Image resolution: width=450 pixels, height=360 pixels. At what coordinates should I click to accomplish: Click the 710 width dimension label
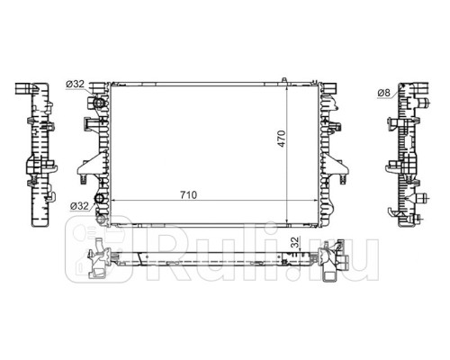[189, 195]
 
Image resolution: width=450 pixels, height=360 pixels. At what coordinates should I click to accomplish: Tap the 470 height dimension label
[282, 139]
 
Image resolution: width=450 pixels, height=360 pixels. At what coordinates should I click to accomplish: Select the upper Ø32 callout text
[76, 85]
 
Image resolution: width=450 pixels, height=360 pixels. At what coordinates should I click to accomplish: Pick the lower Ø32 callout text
[79, 206]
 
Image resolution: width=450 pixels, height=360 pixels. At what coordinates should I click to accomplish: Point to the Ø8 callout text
[384, 93]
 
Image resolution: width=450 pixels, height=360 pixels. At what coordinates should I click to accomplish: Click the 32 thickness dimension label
[295, 242]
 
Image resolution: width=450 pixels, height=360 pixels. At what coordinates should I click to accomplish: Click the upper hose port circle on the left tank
[98, 103]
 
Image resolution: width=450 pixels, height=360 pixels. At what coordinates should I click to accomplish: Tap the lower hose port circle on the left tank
[98, 198]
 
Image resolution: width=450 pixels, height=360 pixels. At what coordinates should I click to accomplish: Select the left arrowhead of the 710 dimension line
[113, 200]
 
